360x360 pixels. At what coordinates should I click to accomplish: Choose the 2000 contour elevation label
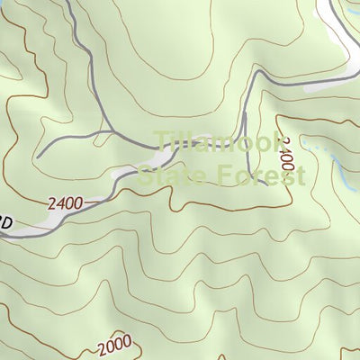point(115,345)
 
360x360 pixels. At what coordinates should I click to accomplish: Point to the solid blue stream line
point(346,176)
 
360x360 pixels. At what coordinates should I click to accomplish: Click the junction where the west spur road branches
point(113,132)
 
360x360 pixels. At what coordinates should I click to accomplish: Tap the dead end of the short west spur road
point(38,155)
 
